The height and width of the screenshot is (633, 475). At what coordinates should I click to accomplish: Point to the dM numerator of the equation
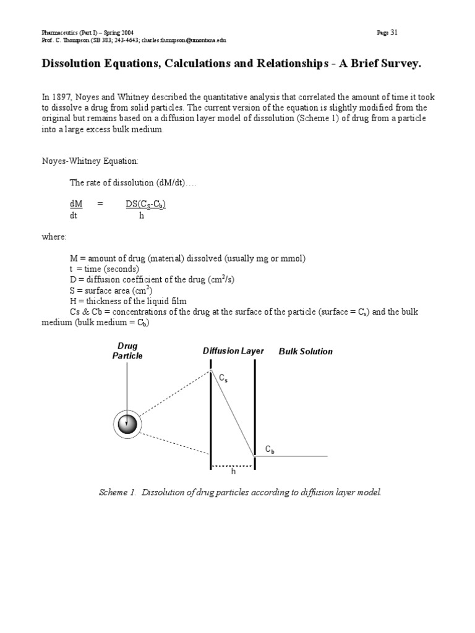(x=75, y=205)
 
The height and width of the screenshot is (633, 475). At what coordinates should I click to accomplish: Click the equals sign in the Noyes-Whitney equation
(x=100, y=205)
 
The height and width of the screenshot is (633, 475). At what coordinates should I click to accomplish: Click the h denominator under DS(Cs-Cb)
(x=142, y=216)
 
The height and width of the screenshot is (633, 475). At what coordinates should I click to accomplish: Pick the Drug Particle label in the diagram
(x=127, y=350)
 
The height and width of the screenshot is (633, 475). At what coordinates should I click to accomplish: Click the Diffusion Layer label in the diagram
(x=233, y=350)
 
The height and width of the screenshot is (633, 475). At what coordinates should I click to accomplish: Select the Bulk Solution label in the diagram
(x=306, y=351)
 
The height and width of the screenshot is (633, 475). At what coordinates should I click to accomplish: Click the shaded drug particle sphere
(x=127, y=424)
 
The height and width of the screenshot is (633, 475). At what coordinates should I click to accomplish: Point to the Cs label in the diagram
(x=223, y=378)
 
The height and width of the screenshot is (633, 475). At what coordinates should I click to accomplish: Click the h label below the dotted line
(x=233, y=472)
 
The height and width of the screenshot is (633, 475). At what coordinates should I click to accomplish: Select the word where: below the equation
(x=53, y=237)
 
